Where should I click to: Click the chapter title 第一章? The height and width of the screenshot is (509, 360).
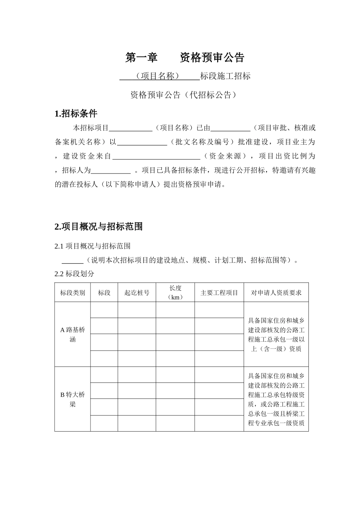[141, 58]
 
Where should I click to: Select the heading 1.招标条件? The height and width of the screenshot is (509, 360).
[76, 114]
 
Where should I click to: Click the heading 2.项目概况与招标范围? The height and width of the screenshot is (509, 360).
[99, 227]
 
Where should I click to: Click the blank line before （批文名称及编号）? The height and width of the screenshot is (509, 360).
[142, 143]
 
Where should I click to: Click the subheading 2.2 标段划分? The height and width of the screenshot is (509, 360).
[74, 274]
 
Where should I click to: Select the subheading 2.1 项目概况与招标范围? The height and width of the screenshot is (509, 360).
[92, 246]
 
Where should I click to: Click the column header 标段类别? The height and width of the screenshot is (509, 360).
[72, 293]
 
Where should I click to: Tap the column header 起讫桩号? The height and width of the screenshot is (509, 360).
[137, 293]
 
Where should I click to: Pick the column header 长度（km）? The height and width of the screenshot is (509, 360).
[175, 293]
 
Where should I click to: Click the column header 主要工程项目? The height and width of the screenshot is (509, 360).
[219, 293]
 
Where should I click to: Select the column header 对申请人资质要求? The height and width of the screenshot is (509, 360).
[276, 293]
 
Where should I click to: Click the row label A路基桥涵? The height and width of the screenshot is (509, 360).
[72, 334]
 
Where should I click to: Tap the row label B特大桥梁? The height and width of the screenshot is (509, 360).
[72, 399]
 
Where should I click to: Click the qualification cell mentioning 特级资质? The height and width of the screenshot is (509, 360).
[276, 399]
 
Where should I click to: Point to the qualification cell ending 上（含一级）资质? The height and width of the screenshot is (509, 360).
[276, 334]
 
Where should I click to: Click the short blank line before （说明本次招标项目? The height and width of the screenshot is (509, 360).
[72, 261]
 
